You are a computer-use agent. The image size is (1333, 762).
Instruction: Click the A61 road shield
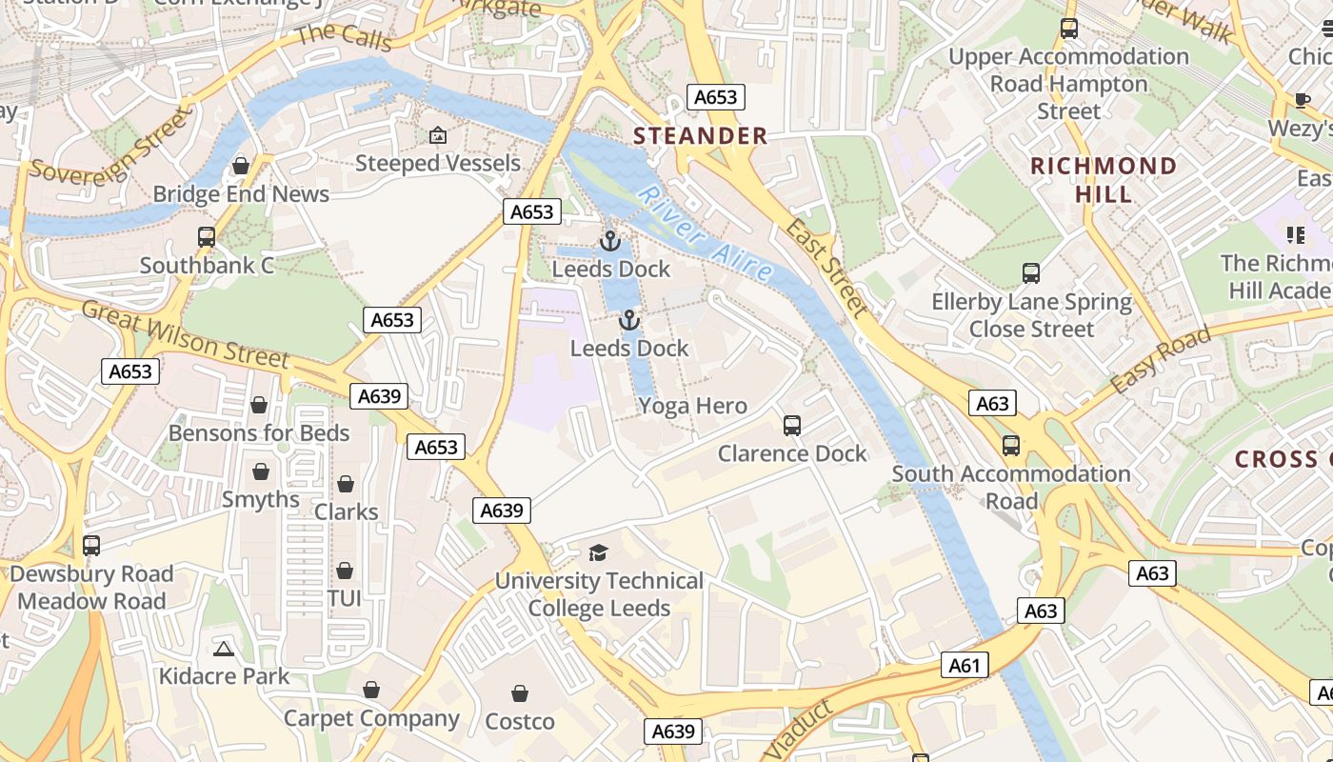tap(964, 665)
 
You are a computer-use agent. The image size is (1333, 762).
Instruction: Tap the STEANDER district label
tap(701, 136)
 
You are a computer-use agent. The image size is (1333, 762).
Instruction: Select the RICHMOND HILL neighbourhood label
tap(1104, 180)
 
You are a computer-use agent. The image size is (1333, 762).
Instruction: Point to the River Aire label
tap(706, 233)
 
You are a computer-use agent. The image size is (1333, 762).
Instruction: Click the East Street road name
tap(827, 270)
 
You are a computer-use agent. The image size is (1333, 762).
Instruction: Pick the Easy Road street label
tap(1161, 360)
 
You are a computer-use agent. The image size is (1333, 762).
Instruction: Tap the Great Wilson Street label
tap(185, 334)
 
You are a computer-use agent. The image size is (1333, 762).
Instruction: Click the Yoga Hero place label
tap(692, 407)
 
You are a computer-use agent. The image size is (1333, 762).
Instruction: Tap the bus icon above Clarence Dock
tap(791, 426)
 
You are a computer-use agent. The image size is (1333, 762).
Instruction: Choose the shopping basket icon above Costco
tap(520, 693)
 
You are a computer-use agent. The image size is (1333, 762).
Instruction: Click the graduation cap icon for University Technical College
tap(598, 552)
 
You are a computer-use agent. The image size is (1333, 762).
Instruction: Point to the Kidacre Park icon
tap(224, 650)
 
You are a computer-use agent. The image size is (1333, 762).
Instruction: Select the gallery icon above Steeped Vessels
tap(437, 136)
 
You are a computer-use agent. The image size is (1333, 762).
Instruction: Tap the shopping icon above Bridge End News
tap(241, 167)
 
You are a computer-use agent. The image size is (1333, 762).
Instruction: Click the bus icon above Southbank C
tap(207, 237)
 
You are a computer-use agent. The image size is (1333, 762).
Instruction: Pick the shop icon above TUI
tap(344, 571)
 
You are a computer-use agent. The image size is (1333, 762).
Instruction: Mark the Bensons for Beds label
tap(259, 433)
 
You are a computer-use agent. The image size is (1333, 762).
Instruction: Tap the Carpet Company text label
tap(371, 718)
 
